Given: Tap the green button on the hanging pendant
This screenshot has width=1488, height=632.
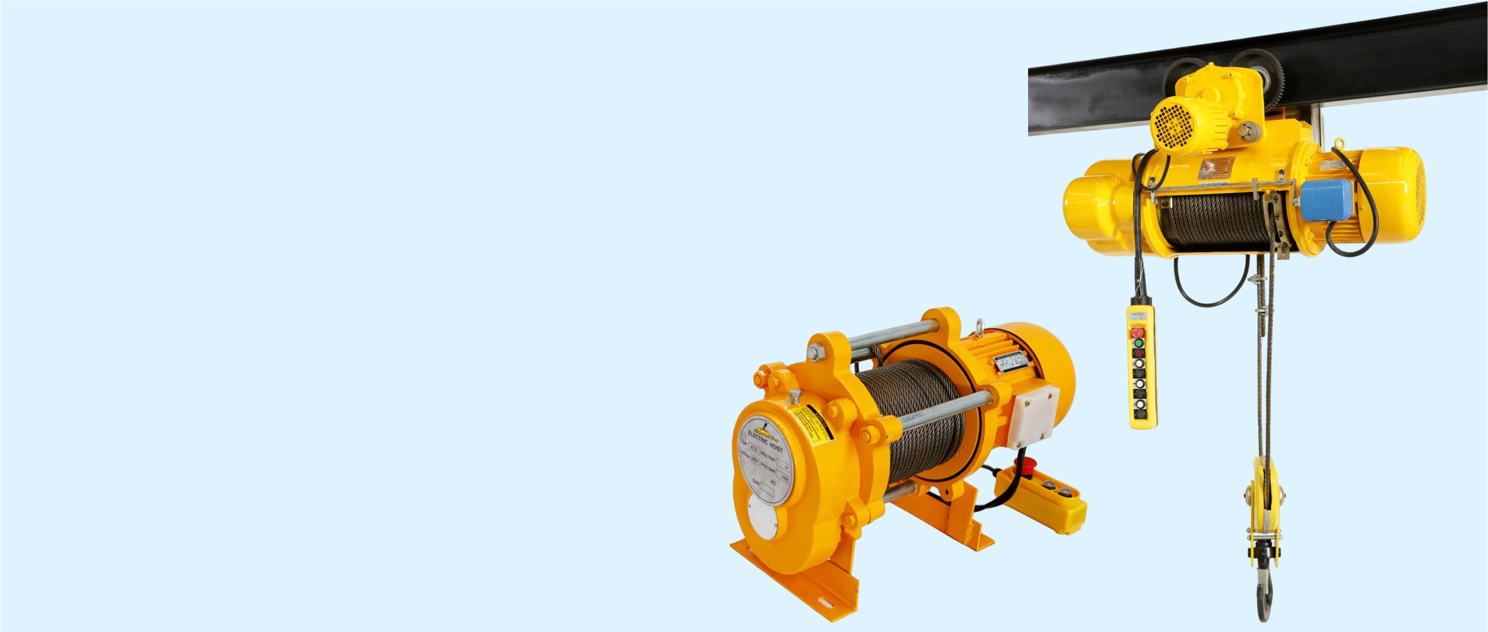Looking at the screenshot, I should pyautogui.click(x=1138, y=343).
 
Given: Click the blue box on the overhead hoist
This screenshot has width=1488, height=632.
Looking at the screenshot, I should pyautogui.click(x=1326, y=200).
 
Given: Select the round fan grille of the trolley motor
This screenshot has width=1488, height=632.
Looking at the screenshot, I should pyautogui.click(x=1173, y=127).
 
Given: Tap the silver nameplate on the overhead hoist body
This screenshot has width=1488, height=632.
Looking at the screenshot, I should pyautogui.click(x=1216, y=168).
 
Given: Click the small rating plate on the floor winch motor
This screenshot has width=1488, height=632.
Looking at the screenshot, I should pyautogui.click(x=1011, y=361).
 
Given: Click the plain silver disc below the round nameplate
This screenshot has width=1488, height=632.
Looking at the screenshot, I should pyautogui.click(x=763, y=517).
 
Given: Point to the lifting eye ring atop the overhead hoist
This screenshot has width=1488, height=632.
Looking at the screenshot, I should pyautogui.click(x=1339, y=144).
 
